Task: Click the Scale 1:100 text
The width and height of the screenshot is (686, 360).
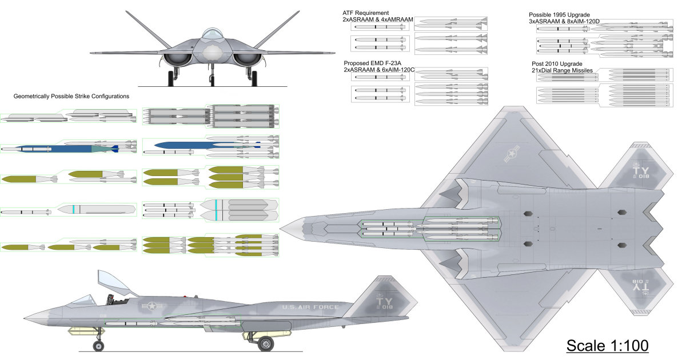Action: tap(607, 346)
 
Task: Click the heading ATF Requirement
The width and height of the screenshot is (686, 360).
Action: tap(366, 13)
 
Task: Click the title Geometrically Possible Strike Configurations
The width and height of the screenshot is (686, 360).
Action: tap(71, 97)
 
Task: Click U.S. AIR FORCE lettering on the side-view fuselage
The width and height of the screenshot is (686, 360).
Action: tap(310, 307)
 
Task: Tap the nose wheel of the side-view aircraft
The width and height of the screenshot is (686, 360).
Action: tap(99, 346)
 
